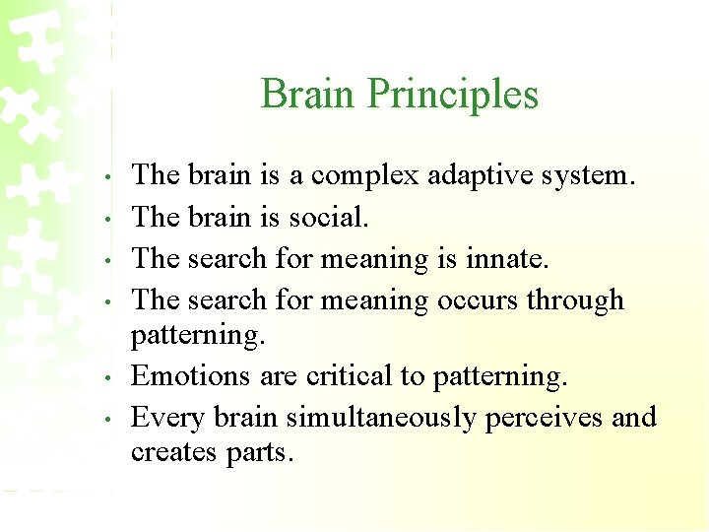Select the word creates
[x=174, y=453]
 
